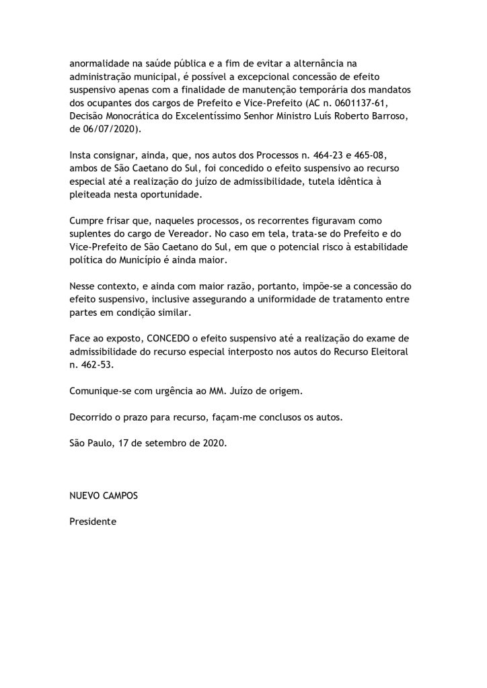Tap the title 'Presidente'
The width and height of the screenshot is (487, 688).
[93, 521]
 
